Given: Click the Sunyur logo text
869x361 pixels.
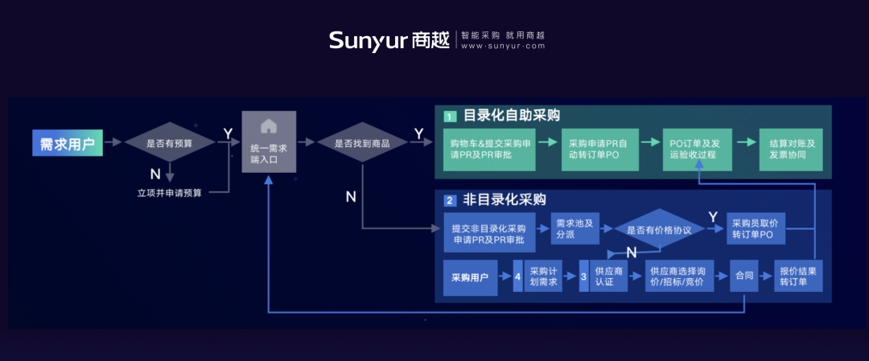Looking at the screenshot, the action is [368, 40].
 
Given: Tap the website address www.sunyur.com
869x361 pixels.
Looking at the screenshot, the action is [503, 47].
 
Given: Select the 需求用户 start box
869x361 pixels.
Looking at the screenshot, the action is [68, 142].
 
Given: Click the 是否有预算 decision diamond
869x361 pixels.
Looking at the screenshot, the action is [170, 142].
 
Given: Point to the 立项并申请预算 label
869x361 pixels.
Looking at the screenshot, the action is [170, 193].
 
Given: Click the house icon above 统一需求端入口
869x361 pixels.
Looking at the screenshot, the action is [269, 126].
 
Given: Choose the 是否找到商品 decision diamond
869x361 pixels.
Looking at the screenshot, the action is [362, 142].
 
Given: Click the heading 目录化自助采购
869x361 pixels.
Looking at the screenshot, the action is [512, 116].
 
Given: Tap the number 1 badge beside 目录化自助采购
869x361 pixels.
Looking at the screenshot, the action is [450, 117].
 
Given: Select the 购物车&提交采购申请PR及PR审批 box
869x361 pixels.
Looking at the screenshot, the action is [489, 150].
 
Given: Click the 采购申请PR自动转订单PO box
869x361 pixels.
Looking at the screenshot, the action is [600, 150].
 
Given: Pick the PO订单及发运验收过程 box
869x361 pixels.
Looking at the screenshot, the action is [698, 150].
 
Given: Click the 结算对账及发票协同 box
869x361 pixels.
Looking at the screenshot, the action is [791, 150].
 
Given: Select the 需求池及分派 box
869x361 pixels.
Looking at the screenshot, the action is [575, 228].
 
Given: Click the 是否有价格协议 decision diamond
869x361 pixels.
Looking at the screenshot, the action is [659, 229].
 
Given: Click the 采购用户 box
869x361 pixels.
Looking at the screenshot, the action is [471, 277].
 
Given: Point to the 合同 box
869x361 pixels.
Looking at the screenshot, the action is [743, 275].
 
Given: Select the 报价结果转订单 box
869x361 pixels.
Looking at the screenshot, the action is [798, 275].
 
